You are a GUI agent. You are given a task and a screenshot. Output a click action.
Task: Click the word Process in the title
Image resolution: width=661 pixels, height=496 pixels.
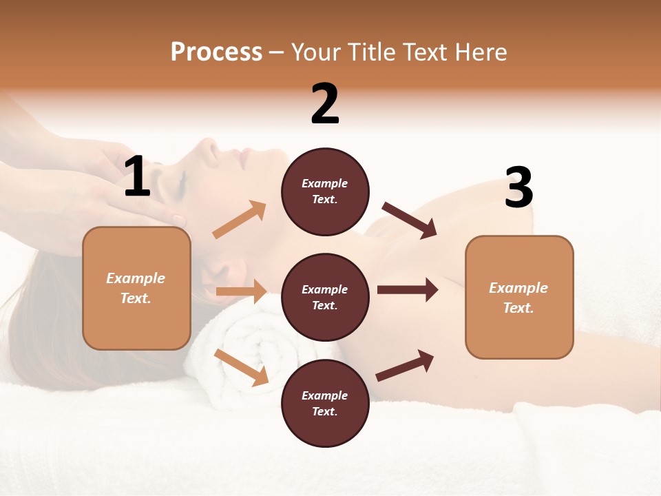(x=216, y=52)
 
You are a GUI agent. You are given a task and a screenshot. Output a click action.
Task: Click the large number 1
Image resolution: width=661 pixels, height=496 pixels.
(x=137, y=177)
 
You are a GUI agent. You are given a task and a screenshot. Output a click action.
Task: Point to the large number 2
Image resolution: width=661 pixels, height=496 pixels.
(x=325, y=104)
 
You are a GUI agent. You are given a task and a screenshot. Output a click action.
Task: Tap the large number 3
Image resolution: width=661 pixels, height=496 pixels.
(x=518, y=188)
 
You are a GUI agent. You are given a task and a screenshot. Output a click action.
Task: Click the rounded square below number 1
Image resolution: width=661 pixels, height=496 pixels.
(x=136, y=288)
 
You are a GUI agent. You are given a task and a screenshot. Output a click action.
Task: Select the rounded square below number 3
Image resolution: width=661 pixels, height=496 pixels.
(x=519, y=298)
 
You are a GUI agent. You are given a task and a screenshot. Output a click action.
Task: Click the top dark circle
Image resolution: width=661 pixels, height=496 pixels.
(x=325, y=192)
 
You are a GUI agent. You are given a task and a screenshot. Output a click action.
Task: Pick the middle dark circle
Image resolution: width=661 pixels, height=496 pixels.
(x=325, y=298)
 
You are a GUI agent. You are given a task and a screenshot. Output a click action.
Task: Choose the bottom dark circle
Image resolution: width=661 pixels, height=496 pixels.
(x=325, y=404)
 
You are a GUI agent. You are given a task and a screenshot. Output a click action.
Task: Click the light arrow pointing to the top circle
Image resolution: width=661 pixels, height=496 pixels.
(x=240, y=220)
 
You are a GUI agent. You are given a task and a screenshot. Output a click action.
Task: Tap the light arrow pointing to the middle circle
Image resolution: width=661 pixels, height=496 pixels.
(x=241, y=291)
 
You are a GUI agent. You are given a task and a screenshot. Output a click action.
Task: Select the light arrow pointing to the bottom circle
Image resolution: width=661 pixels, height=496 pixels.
(x=241, y=366)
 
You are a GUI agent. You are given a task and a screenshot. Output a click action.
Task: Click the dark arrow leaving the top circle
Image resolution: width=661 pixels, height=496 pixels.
(x=409, y=220)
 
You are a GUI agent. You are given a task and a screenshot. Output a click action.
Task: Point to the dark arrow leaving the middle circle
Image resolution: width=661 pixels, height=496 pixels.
(x=407, y=290)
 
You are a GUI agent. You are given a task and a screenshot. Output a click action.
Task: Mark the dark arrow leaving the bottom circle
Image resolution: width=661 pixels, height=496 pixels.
(x=405, y=365)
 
